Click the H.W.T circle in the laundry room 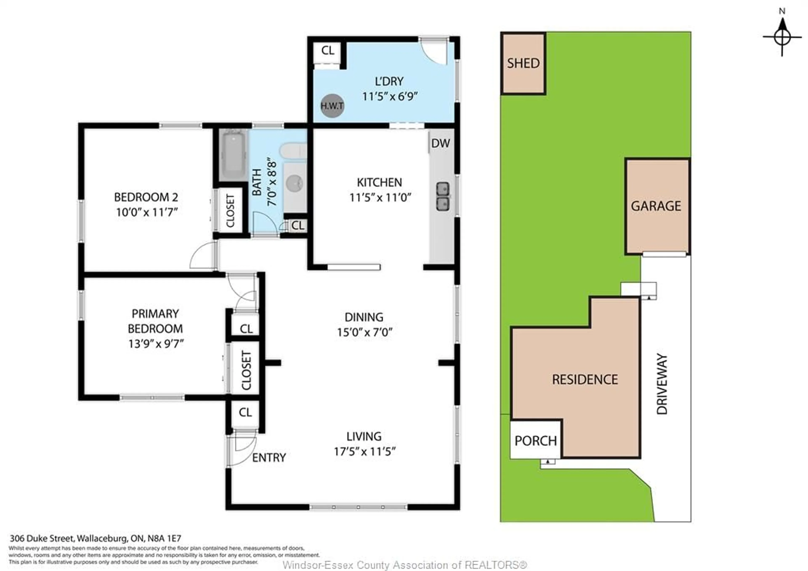332,106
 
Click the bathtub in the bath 234,155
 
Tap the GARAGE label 656,206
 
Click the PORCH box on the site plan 535,440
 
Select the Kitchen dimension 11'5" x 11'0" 380,198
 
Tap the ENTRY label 269,457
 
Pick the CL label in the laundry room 328,50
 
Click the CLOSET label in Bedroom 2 230,211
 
